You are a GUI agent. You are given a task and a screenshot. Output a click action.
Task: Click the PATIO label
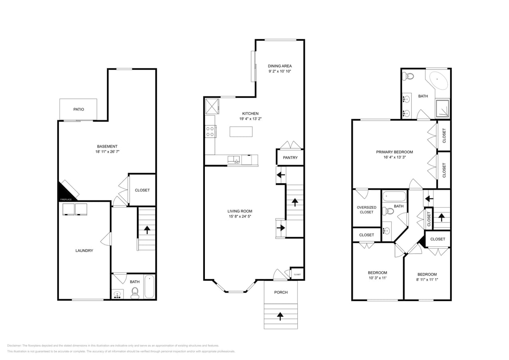tap(79, 109)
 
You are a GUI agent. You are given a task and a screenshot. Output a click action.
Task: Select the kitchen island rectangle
tap(241, 132)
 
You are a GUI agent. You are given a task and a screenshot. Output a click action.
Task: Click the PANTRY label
tap(290, 158)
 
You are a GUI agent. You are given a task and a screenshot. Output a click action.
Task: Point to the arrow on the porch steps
tap(280, 316)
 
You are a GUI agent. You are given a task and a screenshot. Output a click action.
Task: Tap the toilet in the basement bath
tap(135, 292)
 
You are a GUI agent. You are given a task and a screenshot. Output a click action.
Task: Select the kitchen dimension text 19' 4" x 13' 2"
tap(250, 119)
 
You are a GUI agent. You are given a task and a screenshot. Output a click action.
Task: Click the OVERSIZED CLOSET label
tap(367, 210)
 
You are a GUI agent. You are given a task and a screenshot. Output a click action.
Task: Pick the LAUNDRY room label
tap(84, 251)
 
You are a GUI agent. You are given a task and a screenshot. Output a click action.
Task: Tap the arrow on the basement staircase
tap(147, 230)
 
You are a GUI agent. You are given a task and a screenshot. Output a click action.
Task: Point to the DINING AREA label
tap(280, 66)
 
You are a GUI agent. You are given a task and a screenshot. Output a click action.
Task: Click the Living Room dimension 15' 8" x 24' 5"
tap(240, 216)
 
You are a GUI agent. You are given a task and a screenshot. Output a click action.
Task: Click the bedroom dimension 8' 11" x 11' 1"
tap(427, 280)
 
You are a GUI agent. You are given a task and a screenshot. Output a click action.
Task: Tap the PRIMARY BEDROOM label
tap(394, 152)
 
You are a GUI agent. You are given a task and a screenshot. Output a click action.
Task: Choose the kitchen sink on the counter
tap(233, 160)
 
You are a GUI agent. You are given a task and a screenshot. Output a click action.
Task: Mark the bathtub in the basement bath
tap(149, 286)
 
